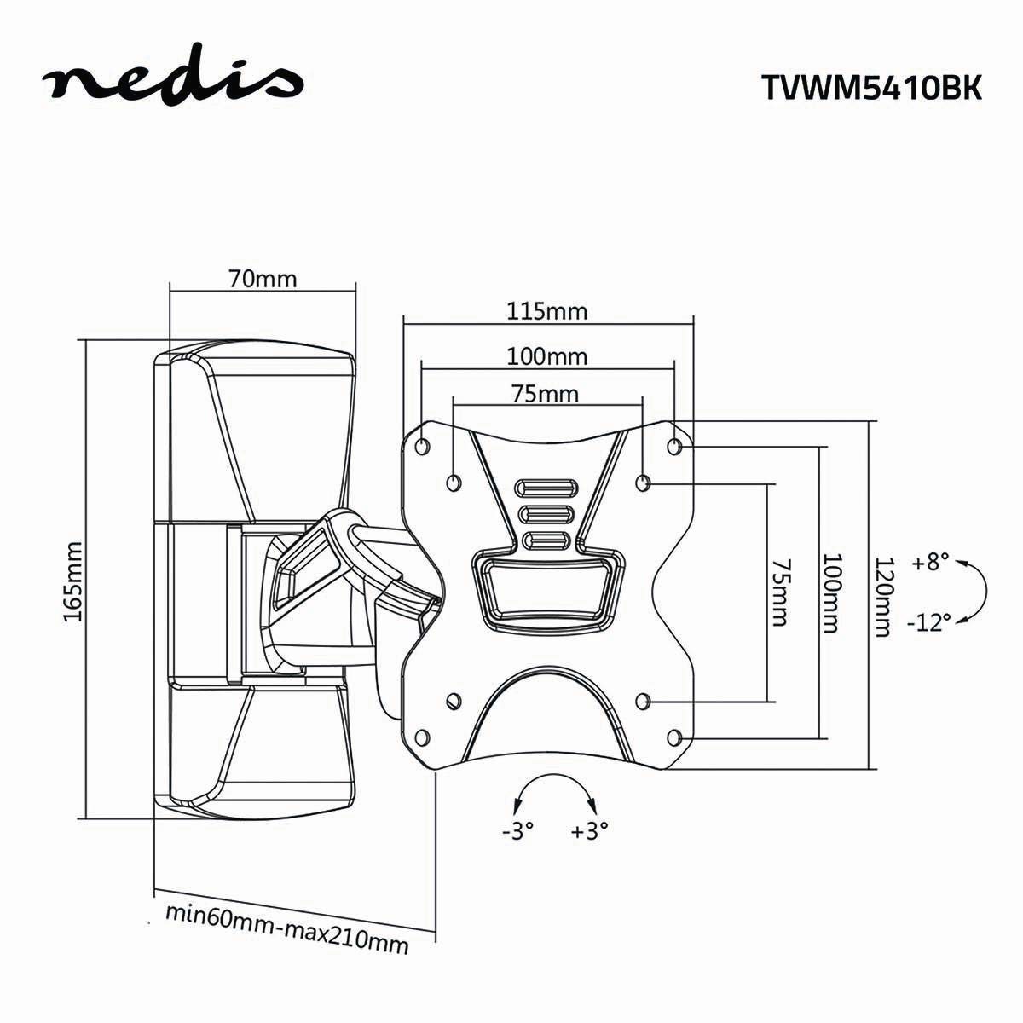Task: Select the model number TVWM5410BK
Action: (871, 87)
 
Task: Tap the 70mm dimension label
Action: (263, 278)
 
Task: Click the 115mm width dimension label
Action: (547, 311)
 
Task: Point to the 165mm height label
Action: (72, 581)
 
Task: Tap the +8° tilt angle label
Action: (929, 562)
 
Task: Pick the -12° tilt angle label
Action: (928, 621)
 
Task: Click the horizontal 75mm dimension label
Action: (546, 395)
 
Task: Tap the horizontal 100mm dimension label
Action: (547, 356)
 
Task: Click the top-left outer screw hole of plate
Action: (423, 447)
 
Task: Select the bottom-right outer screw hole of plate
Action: (674, 737)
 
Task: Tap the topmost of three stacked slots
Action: (546, 488)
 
